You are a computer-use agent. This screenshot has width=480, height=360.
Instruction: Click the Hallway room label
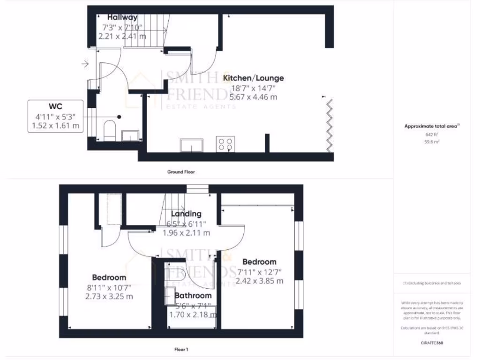[122, 18]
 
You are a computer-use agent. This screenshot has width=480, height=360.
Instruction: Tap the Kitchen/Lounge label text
[253, 78]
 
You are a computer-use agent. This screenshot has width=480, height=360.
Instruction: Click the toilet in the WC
[110, 129]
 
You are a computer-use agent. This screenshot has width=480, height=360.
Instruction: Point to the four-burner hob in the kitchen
[225, 144]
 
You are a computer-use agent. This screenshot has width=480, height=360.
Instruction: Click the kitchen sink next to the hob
[192, 145]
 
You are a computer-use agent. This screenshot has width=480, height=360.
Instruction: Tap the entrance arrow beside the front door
[85, 63]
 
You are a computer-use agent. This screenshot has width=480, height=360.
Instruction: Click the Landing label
[186, 214]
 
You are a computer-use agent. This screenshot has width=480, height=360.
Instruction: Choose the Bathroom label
[193, 296]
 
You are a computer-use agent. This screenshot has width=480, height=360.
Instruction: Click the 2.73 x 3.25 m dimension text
[109, 296]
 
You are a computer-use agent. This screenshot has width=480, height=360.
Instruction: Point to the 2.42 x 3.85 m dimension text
[259, 281]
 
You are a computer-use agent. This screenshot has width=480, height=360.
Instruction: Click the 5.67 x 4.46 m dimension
[253, 97]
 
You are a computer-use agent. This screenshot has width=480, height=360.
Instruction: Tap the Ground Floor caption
[181, 172]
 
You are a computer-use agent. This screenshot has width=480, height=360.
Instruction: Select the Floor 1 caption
[181, 349]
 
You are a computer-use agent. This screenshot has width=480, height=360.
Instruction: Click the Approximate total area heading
[432, 126]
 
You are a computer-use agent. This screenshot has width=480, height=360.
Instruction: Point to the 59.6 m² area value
[432, 141]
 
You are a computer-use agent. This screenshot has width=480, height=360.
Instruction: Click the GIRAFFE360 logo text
[432, 343]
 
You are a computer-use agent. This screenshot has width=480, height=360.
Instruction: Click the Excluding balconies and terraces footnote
[432, 283]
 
